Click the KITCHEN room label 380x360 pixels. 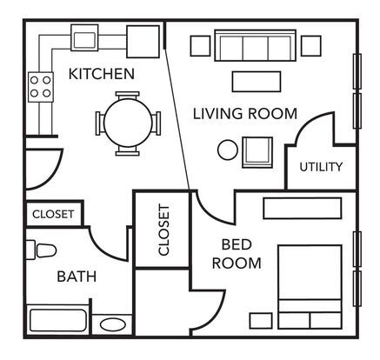(102, 74)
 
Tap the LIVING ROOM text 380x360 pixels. (245, 113)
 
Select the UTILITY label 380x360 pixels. (321, 167)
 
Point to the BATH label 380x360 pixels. (77, 277)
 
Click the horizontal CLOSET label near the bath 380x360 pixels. (53, 214)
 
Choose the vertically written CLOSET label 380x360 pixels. (163, 230)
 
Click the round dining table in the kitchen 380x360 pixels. (128, 123)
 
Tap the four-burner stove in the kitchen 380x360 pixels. (41, 87)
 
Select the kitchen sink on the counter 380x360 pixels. (84, 37)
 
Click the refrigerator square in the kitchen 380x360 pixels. (143, 42)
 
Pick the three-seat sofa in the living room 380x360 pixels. (256, 45)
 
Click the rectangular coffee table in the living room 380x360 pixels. (257, 82)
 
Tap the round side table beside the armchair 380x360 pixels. (228, 150)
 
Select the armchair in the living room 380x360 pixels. (257, 152)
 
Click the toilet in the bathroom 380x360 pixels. (41, 250)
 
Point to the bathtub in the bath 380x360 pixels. (58, 321)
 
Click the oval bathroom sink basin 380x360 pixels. (113, 324)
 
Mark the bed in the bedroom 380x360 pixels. (310, 287)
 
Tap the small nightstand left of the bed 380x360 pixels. (261, 321)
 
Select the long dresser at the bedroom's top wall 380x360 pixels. (303, 208)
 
